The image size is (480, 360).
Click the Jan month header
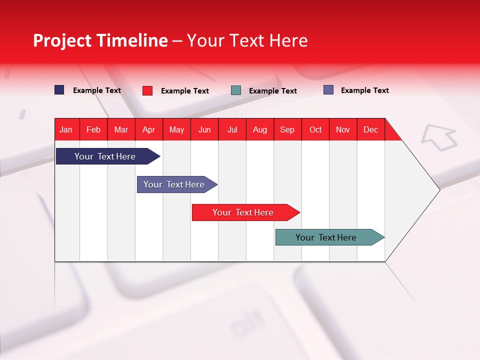66,129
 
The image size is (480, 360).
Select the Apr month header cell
149,129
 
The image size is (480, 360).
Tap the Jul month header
232,129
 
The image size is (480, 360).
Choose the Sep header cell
287,129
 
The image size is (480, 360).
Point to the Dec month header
370,129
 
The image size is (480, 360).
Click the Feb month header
93,129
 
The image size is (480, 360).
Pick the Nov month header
343,129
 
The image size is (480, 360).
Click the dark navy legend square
59,90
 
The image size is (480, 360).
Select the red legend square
147,90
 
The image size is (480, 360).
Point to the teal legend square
236,90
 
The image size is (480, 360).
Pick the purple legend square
328,90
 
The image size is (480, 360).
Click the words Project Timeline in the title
100,40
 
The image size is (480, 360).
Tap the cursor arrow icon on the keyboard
439,137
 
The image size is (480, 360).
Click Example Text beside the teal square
273,91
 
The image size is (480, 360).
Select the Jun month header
204,129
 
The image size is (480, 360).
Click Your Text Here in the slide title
247,40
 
